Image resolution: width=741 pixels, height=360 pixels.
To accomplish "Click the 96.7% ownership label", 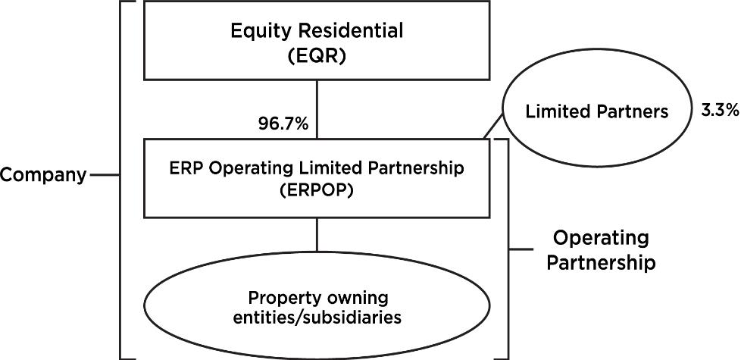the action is point(283,124).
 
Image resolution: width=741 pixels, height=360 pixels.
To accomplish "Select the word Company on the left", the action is point(43,176).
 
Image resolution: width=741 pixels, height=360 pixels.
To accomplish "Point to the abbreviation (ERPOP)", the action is point(316,192).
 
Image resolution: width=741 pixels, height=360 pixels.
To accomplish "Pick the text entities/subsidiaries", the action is point(316,318).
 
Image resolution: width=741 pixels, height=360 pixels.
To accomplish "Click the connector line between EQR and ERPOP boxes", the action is point(317,109).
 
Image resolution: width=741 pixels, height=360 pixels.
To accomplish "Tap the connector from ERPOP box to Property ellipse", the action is point(317,234).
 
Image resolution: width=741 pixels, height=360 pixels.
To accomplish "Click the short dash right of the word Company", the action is point(104,175).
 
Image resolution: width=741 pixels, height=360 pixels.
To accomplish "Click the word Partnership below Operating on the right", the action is point(601,262).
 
